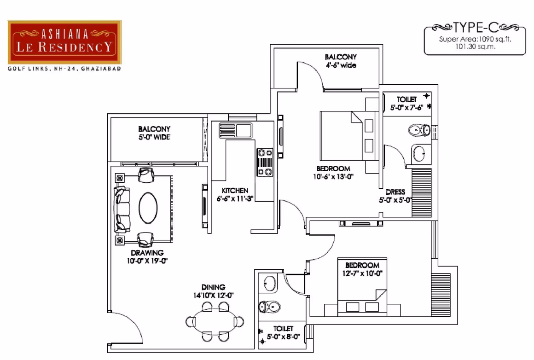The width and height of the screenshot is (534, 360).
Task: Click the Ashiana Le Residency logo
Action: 65,42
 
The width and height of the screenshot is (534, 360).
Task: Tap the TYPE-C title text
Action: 476,27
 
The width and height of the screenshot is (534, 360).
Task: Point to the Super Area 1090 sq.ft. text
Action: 475,39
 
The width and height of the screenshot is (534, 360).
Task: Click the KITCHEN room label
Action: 235,191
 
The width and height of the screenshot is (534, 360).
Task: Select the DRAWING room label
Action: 147,253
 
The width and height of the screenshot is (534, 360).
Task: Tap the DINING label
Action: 213,287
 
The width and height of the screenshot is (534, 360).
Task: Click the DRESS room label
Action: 395,192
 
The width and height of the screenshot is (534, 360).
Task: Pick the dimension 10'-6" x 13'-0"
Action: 333,176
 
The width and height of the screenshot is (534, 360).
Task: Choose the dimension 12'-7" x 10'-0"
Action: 362,273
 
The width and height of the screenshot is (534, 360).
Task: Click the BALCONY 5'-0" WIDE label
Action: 154,133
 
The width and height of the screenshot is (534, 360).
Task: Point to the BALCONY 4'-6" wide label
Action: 341,61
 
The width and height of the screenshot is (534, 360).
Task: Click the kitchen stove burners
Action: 265,162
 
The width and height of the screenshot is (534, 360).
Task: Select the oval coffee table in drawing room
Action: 148,208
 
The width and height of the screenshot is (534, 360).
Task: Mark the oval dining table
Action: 215,321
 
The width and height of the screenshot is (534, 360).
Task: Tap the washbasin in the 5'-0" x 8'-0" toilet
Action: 270,283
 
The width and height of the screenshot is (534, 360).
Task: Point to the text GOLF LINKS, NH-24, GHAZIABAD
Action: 64,69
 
